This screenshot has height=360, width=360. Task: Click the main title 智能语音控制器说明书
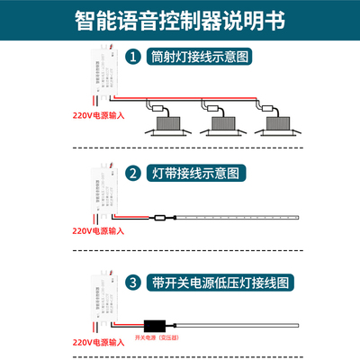(x=180, y=19)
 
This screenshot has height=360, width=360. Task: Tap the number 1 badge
(x=132, y=56)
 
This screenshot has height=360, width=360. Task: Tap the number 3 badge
(x=132, y=283)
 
